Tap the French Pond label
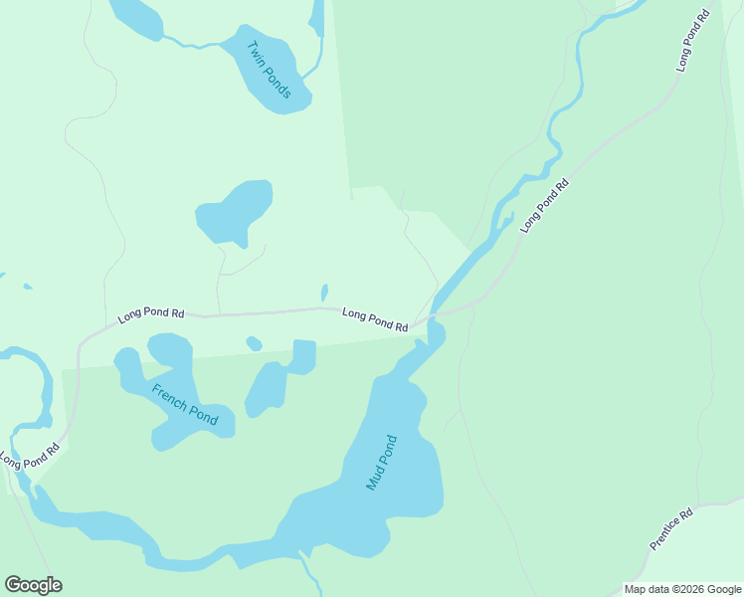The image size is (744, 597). [184, 403]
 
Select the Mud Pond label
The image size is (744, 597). [381, 463]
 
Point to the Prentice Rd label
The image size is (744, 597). [670, 530]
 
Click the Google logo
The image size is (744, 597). [33, 585]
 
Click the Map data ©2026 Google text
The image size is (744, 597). [683, 589]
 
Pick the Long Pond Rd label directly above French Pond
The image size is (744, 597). [151, 315]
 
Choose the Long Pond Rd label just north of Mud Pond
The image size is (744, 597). [375, 318]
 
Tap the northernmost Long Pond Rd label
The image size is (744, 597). [695, 40]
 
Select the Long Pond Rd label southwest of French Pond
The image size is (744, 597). [30, 455]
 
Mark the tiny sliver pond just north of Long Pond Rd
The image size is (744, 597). [324, 293]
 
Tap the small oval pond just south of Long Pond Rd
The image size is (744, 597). [254, 344]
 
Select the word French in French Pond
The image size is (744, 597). [171, 394]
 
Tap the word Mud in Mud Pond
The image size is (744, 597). [374, 478]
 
